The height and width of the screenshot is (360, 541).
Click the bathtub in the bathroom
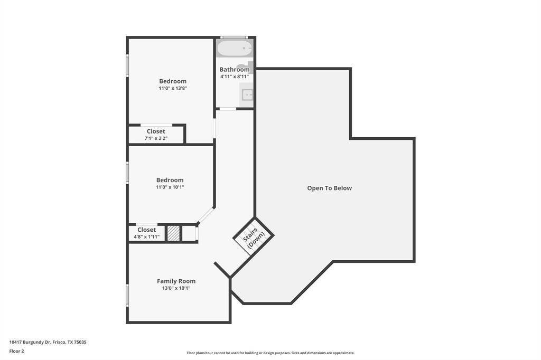pyautogui.click(x=235, y=48)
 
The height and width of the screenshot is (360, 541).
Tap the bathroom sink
pyautogui.click(x=247, y=94)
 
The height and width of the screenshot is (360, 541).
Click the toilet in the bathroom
pyautogui.click(x=247, y=67)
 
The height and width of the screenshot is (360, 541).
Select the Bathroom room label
pyautogui.click(x=234, y=69)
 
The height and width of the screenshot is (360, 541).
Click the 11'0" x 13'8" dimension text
pyautogui.click(x=173, y=88)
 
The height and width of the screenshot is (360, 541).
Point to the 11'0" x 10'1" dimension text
pyautogui.click(x=170, y=187)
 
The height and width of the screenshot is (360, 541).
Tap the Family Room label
pyautogui.click(x=176, y=281)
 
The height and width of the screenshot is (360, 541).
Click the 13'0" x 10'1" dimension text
pyautogui.click(x=176, y=288)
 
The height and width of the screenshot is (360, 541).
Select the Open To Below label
pyautogui.click(x=330, y=188)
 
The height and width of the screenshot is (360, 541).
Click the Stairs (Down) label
pyautogui.click(x=254, y=237)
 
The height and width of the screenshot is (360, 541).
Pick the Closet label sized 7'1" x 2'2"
pyautogui.click(x=156, y=131)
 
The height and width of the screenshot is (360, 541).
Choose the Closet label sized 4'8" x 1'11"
pyautogui.click(x=147, y=230)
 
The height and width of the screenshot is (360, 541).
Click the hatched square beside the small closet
pyautogui.click(x=173, y=233)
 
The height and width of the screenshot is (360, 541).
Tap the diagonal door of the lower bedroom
pyautogui.click(x=206, y=215)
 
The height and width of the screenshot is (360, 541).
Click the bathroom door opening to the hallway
pyautogui.click(x=228, y=109)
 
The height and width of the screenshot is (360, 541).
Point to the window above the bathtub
pyautogui.click(x=234, y=37)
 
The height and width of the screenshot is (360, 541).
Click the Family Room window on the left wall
pyautogui.click(x=127, y=295)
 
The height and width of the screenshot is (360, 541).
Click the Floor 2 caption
pyautogui.click(x=16, y=352)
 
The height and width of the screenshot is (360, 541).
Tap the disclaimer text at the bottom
pyautogui.click(x=270, y=353)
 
